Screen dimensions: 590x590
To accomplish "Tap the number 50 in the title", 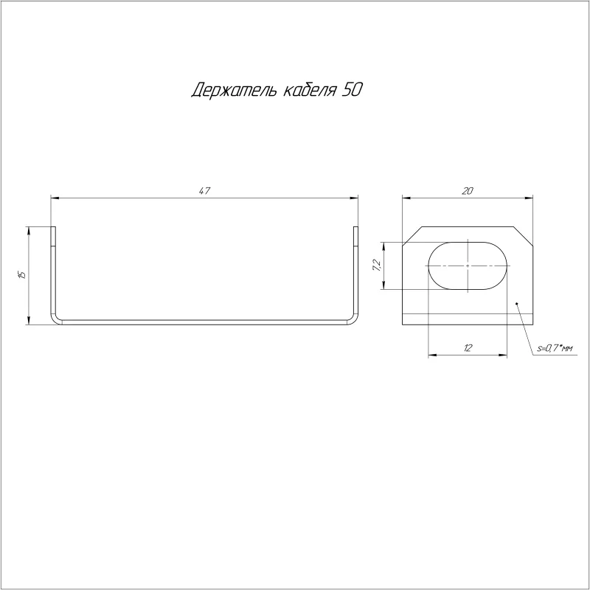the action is (x=352, y=90).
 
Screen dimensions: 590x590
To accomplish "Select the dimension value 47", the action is (x=204, y=191).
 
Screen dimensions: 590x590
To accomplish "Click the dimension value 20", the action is (x=468, y=191).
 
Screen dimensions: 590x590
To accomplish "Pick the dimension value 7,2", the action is (x=377, y=265).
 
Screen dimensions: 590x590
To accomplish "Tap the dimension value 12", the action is (x=468, y=348).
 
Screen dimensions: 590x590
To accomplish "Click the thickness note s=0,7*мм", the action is (x=555, y=349).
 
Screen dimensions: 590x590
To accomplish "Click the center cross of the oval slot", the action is (x=468, y=265).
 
